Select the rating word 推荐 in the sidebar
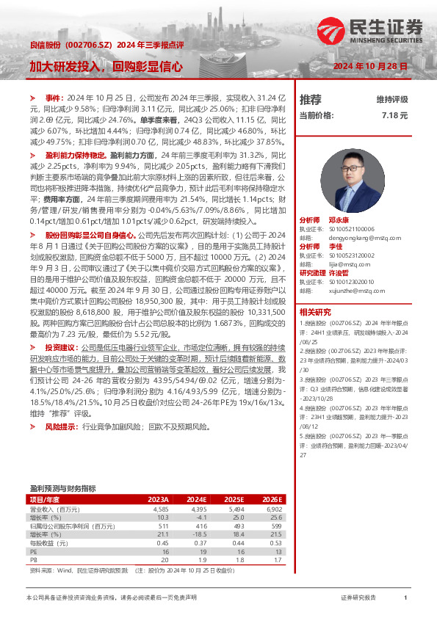pyautogui.click(x=310, y=99)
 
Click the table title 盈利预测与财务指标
pyautogui.click(x=62, y=487)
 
